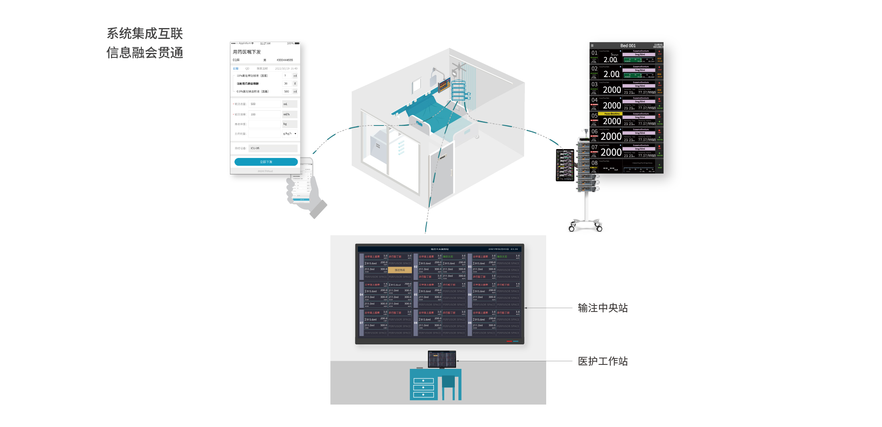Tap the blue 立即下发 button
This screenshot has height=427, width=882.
[x=266, y=162]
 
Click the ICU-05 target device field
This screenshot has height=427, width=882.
[x=272, y=148]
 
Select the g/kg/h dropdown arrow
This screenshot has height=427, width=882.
[x=295, y=134]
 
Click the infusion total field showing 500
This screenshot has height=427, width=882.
[x=264, y=104]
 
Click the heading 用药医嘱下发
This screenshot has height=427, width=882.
[x=247, y=52]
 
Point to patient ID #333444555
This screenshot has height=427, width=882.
[x=285, y=60]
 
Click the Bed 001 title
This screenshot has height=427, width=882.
[x=628, y=46]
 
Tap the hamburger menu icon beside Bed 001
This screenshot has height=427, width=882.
[x=592, y=46]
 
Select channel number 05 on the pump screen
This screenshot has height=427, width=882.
[x=594, y=116]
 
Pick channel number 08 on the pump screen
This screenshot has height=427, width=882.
[x=594, y=163]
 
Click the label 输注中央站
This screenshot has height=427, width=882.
[x=603, y=308]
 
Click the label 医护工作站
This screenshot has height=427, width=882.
[x=603, y=361]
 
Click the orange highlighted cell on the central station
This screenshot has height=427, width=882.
[x=400, y=270]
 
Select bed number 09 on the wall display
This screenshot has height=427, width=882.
[x=470, y=323]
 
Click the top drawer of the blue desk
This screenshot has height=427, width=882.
[x=423, y=380]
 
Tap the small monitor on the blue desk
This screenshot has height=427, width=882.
[x=442, y=359]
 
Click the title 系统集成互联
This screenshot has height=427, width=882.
[x=145, y=34]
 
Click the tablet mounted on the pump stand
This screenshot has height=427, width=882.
[x=565, y=165]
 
